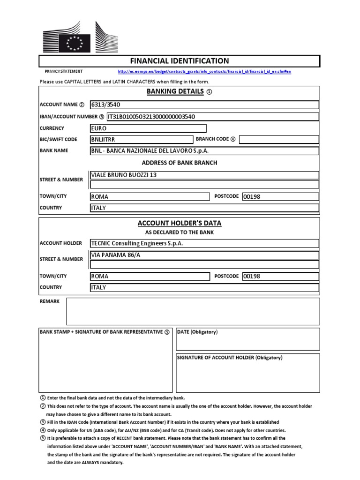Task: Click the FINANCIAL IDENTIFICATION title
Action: [x=179, y=61]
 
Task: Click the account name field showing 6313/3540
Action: [x=204, y=105]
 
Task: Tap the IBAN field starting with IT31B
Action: [x=204, y=117]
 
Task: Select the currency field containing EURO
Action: [x=148, y=128]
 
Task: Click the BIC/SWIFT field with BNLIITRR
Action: [x=141, y=139]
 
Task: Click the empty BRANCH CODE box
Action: [x=279, y=139]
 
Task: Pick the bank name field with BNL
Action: [x=204, y=151]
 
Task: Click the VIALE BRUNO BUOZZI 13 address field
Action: [x=204, y=175]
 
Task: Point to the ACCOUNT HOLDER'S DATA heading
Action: [x=180, y=223]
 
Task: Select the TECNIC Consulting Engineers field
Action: [x=204, y=243]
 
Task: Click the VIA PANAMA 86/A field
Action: [x=204, y=255]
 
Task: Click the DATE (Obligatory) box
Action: [x=247, y=339]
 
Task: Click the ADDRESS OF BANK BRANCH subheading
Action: [x=180, y=163]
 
